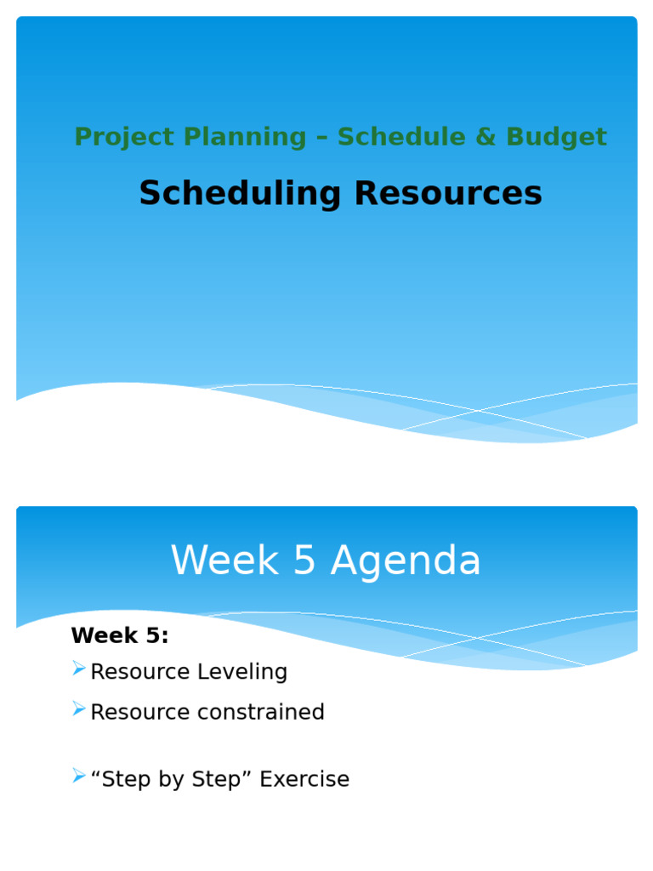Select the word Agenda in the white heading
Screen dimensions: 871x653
click(406, 561)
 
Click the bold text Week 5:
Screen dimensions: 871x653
click(120, 635)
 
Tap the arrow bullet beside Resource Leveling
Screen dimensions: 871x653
click(79, 669)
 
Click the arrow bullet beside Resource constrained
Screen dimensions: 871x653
click(79, 709)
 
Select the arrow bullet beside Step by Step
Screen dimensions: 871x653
click(79, 777)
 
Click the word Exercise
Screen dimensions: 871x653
click(304, 779)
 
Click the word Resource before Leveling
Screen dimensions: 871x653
click(140, 672)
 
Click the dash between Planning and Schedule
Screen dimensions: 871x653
click(321, 138)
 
